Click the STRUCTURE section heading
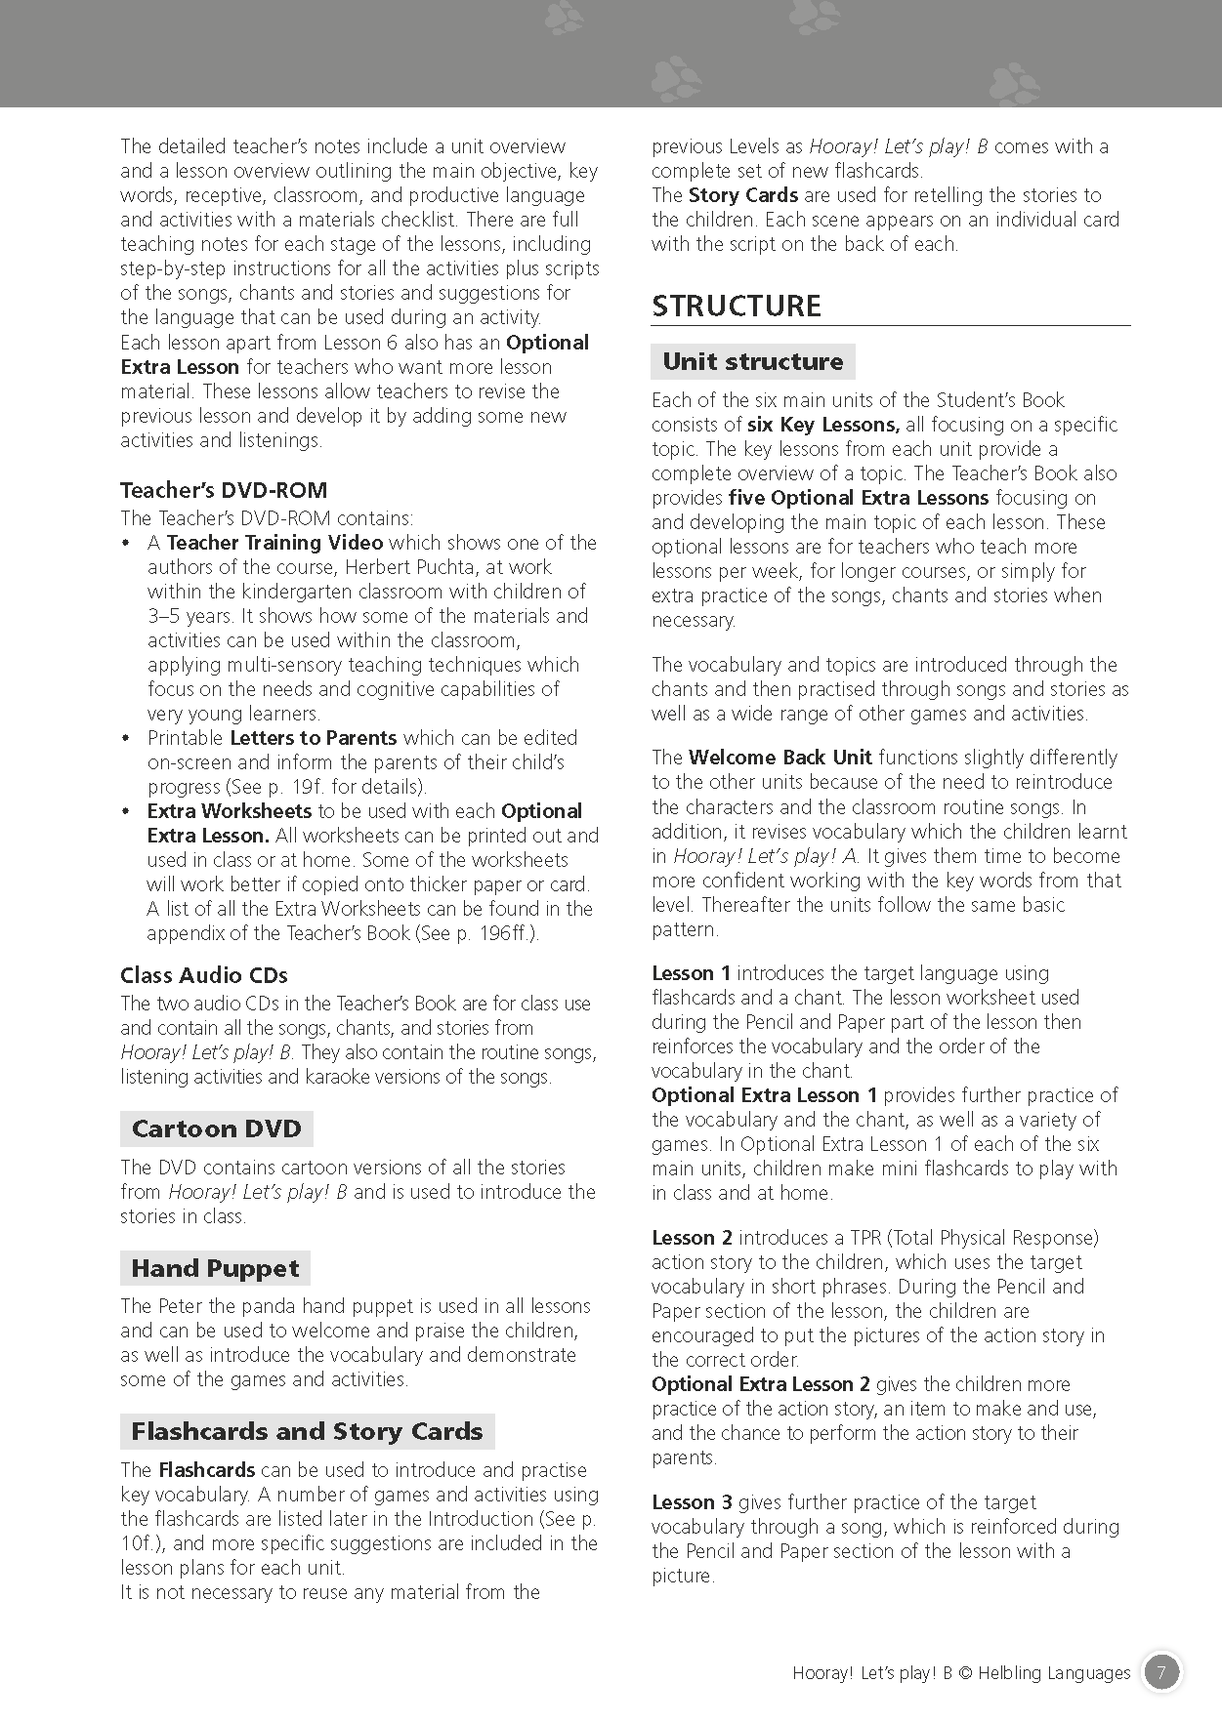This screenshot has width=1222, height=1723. click(x=737, y=306)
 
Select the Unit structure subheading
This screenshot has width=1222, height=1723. click(x=752, y=361)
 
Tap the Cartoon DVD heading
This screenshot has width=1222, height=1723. click(x=216, y=1128)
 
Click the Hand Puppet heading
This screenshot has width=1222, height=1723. click(x=215, y=1268)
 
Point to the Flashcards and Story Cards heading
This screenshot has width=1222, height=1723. click(x=307, y=1431)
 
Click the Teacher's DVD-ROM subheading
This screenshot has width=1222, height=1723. click(x=224, y=490)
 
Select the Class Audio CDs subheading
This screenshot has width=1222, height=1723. click(x=204, y=975)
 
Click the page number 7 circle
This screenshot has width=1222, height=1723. click(x=1161, y=1672)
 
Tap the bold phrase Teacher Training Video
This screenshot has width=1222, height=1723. click(x=274, y=543)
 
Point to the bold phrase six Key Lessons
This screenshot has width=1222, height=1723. click(x=823, y=425)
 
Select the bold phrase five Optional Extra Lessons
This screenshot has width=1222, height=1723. click(x=859, y=498)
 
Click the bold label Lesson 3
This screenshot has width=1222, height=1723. click(x=692, y=1502)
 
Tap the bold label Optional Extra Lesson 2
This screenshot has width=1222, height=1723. click(x=761, y=1384)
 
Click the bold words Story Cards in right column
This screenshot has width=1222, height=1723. click(x=743, y=195)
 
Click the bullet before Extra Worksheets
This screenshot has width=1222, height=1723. click(x=126, y=811)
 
